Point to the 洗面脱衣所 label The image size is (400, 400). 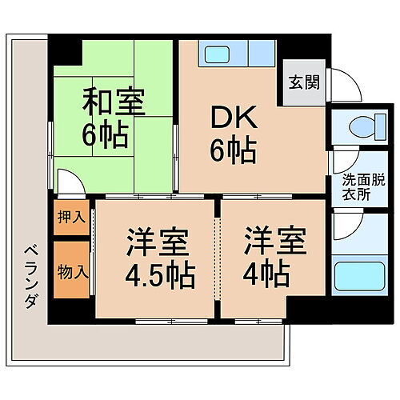coord(355,186)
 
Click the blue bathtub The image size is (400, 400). coord(354,276)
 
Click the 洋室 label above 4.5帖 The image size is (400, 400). coord(157,240)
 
